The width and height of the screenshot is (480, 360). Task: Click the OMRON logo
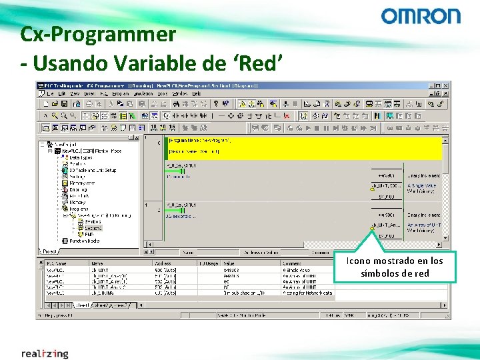[420, 17]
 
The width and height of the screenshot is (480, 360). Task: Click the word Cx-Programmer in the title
[98, 33]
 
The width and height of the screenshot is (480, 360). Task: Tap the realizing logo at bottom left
[45, 353]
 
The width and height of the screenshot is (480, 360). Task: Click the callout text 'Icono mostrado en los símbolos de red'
[395, 267]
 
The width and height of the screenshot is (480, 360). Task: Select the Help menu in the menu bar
[197, 94]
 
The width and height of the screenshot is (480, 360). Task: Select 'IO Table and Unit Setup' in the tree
[93, 170]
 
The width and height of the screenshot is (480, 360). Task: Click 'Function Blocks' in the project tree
[84, 241]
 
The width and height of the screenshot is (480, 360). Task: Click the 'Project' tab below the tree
[50, 252]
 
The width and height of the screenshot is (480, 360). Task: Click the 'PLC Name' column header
[56, 264]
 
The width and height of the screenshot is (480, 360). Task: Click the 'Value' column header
[230, 264]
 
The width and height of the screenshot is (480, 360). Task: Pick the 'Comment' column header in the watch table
[291, 264]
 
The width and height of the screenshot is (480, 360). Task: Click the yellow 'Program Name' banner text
[200, 141]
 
